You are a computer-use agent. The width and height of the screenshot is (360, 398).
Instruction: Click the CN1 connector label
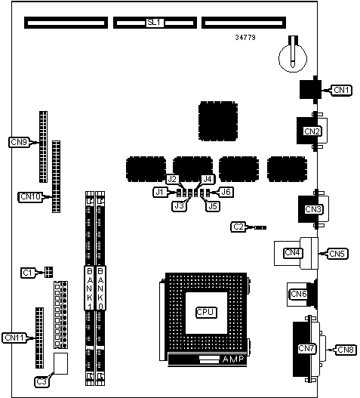coord(341,90)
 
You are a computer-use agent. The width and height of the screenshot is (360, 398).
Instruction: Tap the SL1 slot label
coord(154,23)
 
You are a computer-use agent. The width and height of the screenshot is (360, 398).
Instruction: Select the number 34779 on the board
coord(245,38)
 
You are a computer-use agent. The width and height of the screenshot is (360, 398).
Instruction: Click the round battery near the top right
coord(293,58)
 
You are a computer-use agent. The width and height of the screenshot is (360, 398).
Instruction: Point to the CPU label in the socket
coord(206,312)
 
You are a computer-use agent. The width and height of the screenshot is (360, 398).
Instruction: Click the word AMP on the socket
coord(233,359)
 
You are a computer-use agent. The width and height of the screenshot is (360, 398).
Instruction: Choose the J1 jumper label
coord(160,192)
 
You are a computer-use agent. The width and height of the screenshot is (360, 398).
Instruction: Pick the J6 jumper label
coord(226,192)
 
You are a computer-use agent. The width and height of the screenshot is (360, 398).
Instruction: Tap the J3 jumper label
coord(179,205)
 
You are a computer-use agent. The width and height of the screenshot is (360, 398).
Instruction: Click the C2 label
coord(238,227)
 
